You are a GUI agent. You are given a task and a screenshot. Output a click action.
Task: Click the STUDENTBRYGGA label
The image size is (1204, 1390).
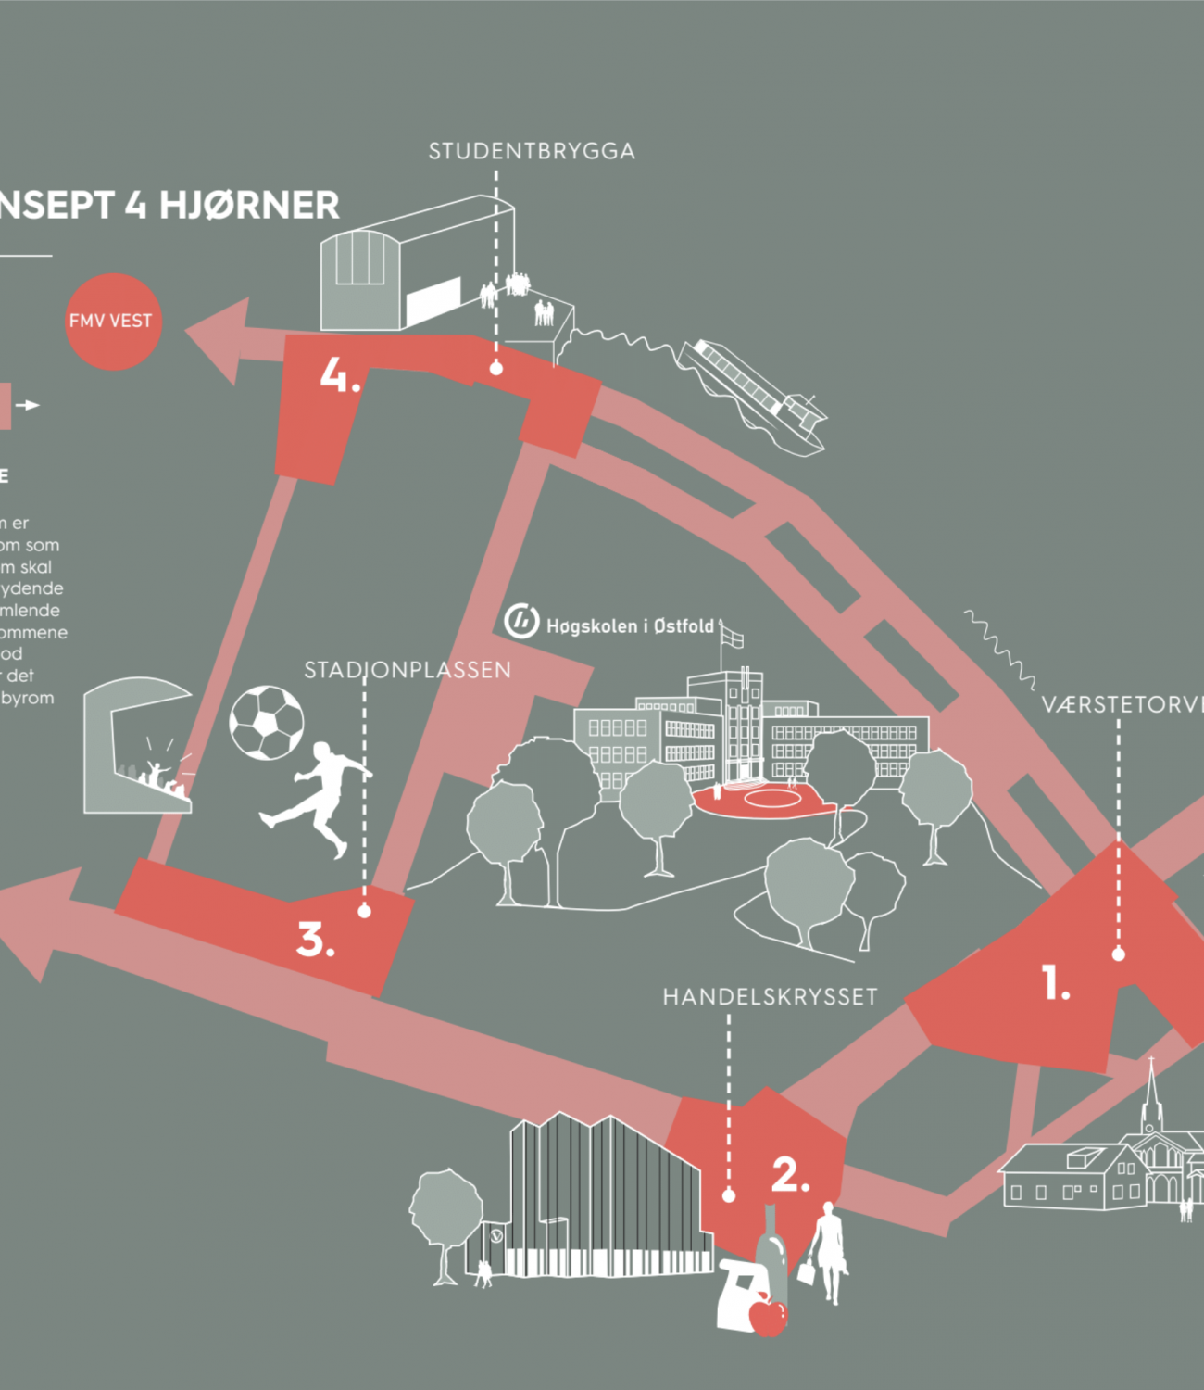pos(532,151)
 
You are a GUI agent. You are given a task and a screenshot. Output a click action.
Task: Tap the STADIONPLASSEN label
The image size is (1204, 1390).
pos(408,670)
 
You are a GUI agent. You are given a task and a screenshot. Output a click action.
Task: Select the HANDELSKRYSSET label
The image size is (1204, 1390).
pos(770,996)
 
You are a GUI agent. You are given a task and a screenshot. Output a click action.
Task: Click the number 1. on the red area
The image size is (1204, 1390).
pos(1056,983)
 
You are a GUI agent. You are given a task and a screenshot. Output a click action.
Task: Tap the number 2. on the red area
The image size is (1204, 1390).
pos(790,1175)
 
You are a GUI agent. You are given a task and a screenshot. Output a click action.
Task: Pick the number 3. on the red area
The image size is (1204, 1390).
pos(315,940)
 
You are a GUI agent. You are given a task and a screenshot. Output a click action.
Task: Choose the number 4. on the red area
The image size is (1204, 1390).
pos(339,375)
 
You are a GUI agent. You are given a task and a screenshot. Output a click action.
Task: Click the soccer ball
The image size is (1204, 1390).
pos(267,723)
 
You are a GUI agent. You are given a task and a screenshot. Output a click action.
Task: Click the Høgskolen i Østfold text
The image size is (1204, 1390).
pos(630,626)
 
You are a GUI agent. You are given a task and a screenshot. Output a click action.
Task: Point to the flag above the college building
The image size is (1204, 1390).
pos(733,638)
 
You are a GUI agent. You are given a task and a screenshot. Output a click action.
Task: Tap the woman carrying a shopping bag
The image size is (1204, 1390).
pos(827,1251)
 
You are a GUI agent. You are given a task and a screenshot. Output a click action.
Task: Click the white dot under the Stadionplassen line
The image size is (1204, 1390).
pos(364,912)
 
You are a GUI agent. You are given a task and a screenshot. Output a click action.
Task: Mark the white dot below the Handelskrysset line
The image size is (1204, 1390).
pos(728,1196)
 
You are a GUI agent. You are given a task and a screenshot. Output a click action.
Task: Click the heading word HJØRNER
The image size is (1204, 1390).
pos(249,205)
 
